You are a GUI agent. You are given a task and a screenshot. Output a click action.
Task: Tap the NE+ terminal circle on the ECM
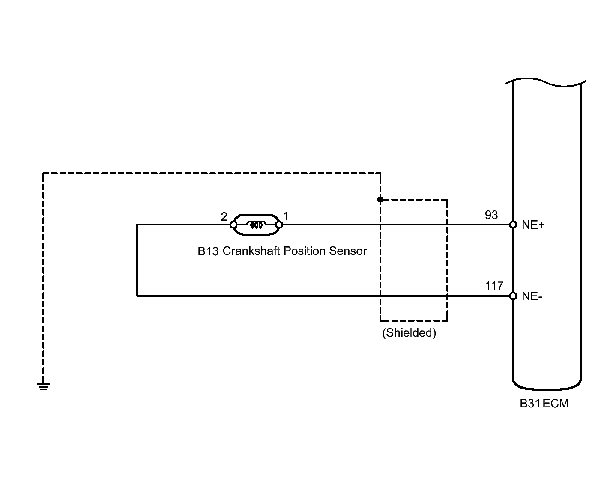click(x=513, y=225)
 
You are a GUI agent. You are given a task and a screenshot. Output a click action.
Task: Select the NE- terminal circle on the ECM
click(x=513, y=296)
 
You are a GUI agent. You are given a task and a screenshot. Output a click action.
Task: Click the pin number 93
click(x=491, y=215)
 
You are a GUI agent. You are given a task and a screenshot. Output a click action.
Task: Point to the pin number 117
click(x=494, y=286)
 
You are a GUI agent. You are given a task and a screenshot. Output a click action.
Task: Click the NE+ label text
click(x=533, y=225)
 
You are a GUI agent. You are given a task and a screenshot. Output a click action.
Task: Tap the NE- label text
click(x=532, y=296)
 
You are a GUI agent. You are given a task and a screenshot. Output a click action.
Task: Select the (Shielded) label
click(x=409, y=333)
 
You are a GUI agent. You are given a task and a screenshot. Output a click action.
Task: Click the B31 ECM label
click(x=544, y=403)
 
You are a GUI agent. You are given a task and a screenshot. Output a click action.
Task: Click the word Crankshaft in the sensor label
click(x=251, y=251)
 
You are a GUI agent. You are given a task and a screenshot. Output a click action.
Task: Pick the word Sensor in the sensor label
click(x=348, y=251)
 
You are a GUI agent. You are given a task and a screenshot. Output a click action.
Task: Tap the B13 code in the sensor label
click(x=208, y=251)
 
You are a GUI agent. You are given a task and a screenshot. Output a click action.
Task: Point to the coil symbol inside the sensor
click(x=256, y=225)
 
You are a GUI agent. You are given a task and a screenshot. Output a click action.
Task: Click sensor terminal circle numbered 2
click(x=233, y=225)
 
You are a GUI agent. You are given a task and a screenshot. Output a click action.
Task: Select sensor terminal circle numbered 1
click(x=279, y=225)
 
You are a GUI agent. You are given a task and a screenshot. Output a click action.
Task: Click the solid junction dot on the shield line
click(x=380, y=199)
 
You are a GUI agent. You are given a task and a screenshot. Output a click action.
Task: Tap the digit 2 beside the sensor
click(x=224, y=216)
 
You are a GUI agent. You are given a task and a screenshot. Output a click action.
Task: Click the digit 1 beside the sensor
click(x=285, y=216)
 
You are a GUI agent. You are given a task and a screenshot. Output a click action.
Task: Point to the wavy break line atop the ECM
click(x=546, y=83)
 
